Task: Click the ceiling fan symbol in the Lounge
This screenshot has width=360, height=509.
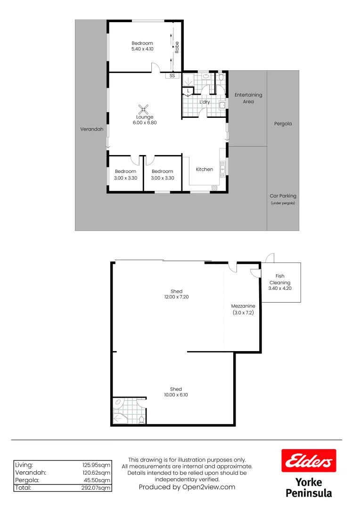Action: (145, 108)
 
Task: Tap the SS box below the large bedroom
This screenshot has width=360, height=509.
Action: (172, 75)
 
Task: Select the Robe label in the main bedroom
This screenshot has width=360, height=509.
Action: (177, 47)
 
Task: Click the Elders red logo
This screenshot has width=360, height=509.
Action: (309, 460)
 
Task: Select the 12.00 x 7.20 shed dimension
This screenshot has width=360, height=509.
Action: (176, 297)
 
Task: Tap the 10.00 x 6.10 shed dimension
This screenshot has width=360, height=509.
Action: (176, 395)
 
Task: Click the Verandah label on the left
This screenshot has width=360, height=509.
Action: (91, 129)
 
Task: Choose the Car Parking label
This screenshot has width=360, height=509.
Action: (283, 196)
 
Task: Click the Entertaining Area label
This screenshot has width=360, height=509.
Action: (248, 98)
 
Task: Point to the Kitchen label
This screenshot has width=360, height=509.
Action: (205, 169)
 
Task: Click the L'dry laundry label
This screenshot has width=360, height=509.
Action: (205, 102)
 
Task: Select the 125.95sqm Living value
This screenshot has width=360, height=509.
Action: (97, 464)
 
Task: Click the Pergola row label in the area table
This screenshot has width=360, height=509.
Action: (27, 480)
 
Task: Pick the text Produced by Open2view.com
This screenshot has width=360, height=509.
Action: (187, 487)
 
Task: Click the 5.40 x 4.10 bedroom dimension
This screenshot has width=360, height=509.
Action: (142, 49)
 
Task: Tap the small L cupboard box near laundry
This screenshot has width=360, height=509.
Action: (188, 90)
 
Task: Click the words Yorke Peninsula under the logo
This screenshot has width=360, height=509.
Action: (309, 488)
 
